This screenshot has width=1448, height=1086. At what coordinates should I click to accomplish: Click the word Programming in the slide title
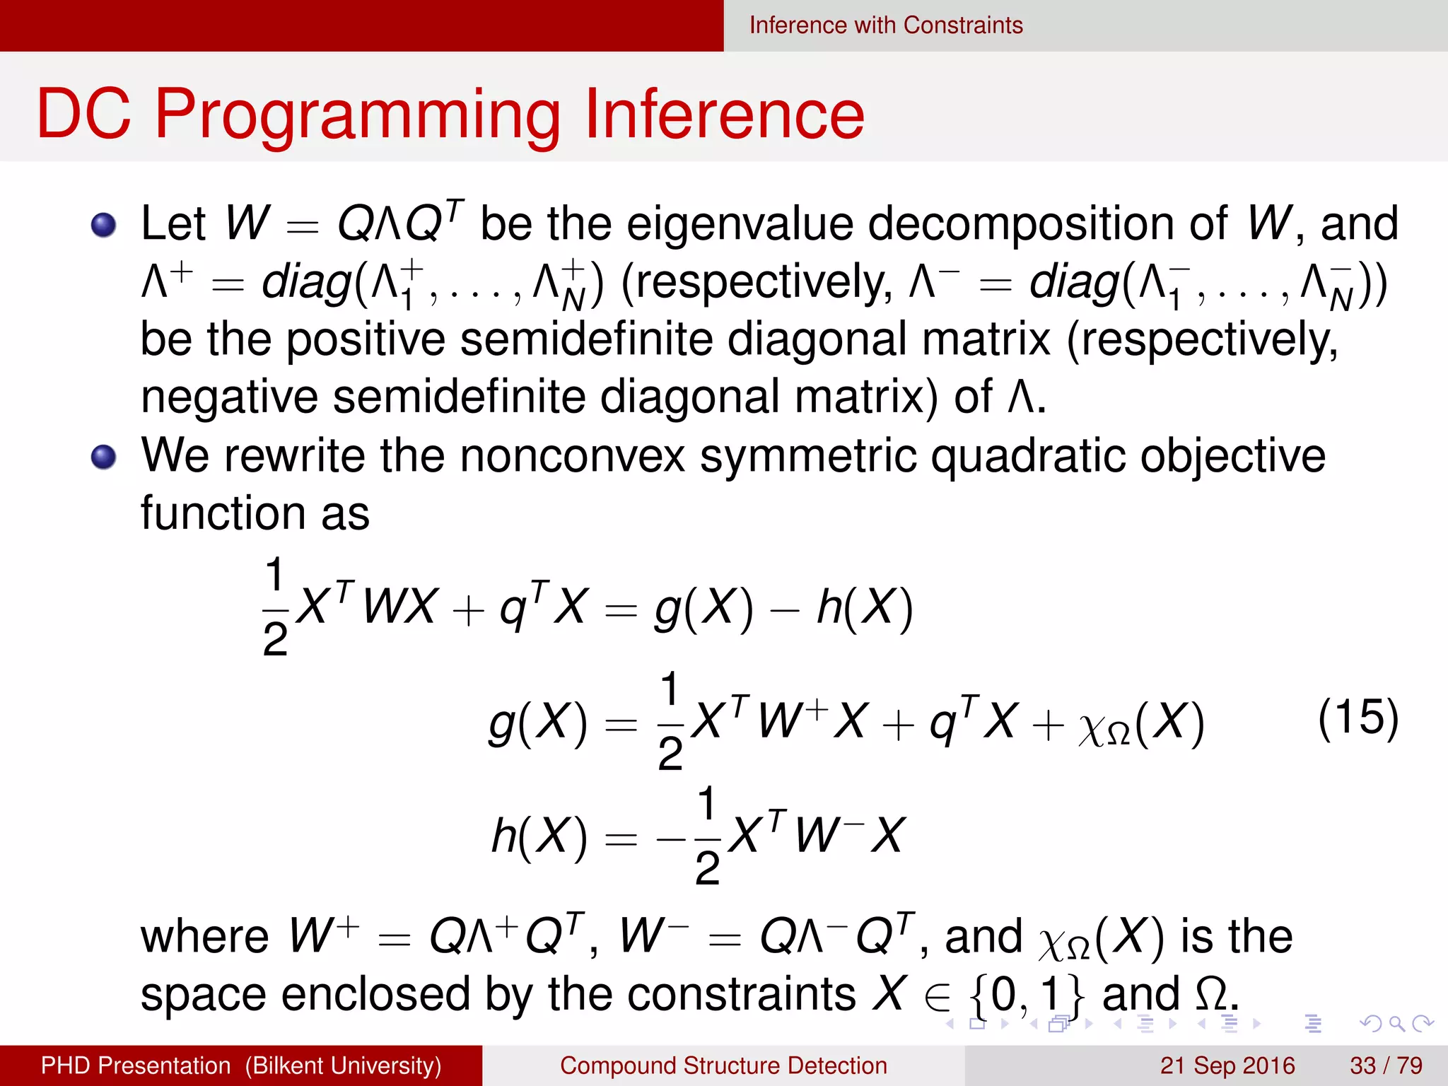click(x=358, y=115)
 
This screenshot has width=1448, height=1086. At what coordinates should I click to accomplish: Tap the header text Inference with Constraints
click(x=885, y=25)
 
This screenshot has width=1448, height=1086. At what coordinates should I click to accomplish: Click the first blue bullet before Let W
click(x=104, y=225)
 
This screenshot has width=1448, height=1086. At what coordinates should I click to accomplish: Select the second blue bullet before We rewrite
click(x=104, y=457)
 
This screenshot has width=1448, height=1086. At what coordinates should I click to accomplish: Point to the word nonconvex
click(x=573, y=456)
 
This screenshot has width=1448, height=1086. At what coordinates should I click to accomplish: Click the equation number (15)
click(x=1357, y=718)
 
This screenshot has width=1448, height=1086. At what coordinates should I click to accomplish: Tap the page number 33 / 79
click(x=1386, y=1065)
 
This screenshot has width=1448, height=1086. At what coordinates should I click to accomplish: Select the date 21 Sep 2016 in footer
click(x=1227, y=1065)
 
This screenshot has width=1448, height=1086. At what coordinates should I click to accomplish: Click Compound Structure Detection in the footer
click(x=723, y=1065)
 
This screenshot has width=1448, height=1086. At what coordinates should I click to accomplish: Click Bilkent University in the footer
click(x=344, y=1065)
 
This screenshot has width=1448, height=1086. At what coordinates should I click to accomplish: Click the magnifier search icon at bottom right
click(x=1396, y=1023)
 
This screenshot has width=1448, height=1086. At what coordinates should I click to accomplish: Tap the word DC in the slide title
click(x=83, y=115)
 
